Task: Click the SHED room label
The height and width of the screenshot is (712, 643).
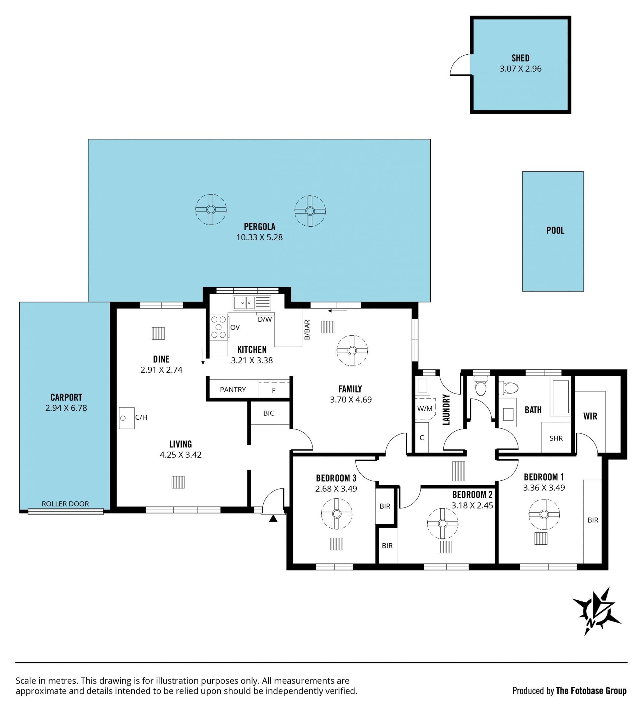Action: pyautogui.click(x=520, y=58)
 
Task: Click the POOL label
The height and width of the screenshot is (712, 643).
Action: pyautogui.click(x=555, y=230)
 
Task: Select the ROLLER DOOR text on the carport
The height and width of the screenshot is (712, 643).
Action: pyautogui.click(x=65, y=503)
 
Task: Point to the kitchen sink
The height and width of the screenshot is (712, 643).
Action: pyautogui.click(x=252, y=303)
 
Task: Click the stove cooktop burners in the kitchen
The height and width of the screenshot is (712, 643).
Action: pyautogui.click(x=218, y=328)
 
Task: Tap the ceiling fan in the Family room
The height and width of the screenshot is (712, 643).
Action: pyautogui.click(x=352, y=350)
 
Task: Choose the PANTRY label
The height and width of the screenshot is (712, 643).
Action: pyautogui.click(x=232, y=389)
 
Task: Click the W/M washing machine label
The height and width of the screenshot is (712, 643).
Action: pyautogui.click(x=425, y=409)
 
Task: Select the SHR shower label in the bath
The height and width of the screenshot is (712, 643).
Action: pyautogui.click(x=556, y=438)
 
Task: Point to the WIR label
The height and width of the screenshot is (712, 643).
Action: pyautogui.click(x=590, y=416)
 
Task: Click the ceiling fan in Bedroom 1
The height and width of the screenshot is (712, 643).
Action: pyautogui.click(x=544, y=514)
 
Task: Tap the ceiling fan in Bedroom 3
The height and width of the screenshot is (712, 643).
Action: pyautogui.click(x=337, y=514)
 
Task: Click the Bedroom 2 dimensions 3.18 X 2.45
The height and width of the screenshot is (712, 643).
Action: pyautogui.click(x=472, y=505)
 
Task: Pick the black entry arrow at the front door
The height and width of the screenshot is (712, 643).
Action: pyautogui.click(x=273, y=518)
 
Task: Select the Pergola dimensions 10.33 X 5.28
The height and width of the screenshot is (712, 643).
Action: pyautogui.click(x=260, y=237)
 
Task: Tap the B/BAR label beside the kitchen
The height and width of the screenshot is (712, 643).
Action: pyautogui.click(x=307, y=330)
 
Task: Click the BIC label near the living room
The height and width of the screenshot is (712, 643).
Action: pyautogui.click(x=269, y=413)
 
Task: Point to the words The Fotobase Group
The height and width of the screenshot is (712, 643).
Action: pyautogui.click(x=591, y=691)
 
